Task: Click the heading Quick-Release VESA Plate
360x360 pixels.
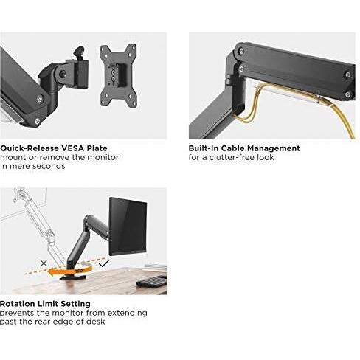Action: coord(54,148)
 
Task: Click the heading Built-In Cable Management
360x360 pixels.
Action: coord(244,148)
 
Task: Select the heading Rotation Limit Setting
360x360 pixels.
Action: coord(45,304)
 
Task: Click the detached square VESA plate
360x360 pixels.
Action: coord(118,75)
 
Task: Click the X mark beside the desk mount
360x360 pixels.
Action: coord(44,263)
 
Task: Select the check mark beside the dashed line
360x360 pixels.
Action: coord(103,264)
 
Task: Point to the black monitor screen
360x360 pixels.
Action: coord(128,226)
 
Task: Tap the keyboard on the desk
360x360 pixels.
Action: coord(152,282)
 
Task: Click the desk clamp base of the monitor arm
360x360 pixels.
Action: coord(73,277)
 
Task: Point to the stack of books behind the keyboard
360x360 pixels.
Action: coord(155,268)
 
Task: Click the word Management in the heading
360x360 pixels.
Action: coord(274,148)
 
